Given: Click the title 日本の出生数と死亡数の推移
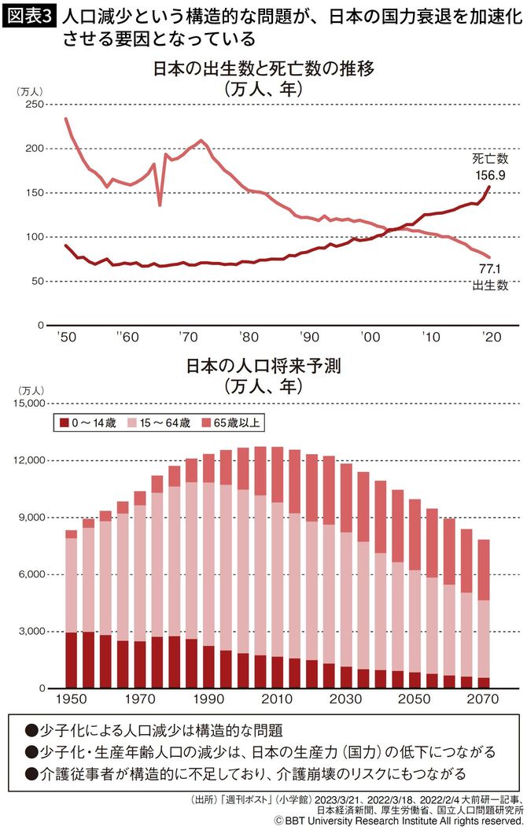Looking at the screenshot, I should (263, 69).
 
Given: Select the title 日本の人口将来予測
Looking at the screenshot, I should (263, 367).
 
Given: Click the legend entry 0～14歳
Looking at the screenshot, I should (88, 422).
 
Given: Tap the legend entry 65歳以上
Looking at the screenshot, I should (232, 422).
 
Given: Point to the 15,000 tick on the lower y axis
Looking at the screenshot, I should (29, 404).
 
